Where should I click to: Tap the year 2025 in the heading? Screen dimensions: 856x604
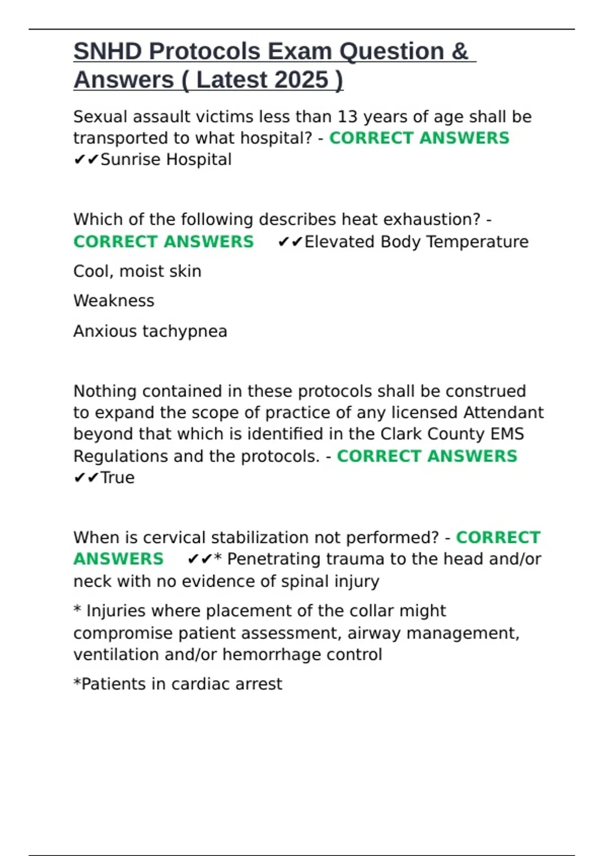[301, 80]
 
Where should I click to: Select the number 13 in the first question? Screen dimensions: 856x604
[347, 117]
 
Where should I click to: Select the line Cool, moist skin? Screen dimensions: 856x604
[137, 271]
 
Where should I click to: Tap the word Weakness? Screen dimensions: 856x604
[114, 301]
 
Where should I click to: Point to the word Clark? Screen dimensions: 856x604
[401, 434]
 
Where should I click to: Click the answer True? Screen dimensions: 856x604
[117, 477]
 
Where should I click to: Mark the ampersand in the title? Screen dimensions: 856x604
[460, 51]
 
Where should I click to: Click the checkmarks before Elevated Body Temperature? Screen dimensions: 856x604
[290, 242]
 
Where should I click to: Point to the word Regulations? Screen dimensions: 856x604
[121, 456]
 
